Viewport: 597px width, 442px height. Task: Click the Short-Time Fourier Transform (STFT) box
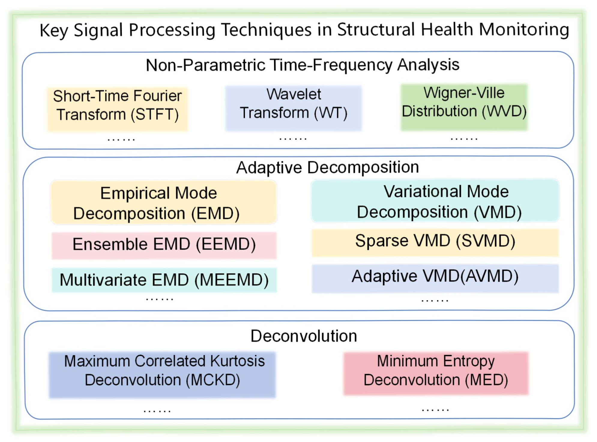[117, 109]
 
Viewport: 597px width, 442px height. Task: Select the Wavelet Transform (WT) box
[294, 108]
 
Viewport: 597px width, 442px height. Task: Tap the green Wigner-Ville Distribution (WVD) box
[464, 107]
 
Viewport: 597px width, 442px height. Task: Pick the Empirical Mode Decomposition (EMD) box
[164, 202]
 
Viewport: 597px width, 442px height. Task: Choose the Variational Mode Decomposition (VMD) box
[435, 200]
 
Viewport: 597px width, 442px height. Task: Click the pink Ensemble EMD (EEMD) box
[164, 245]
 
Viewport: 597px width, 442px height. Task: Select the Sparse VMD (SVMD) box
[435, 242]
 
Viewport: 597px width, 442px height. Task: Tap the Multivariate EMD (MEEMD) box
[164, 280]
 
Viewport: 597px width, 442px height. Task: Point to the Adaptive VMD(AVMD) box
[435, 278]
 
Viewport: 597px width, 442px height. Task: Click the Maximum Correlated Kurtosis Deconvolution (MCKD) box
[162, 374]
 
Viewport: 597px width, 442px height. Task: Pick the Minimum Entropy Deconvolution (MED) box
[436, 373]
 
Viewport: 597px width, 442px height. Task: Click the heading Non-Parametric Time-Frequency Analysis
[303, 65]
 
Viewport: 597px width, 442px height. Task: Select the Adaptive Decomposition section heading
[327, 167]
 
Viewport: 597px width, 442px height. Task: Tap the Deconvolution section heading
[304, 336]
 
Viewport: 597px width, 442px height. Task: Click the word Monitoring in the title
[524, 30]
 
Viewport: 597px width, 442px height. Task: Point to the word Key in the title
[54, 31]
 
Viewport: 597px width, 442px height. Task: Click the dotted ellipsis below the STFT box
[121, 140]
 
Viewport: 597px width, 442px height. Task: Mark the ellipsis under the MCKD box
[157, 411]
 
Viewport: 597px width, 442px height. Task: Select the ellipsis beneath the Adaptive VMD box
[435, 300]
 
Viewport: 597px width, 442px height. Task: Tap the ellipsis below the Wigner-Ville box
[464, 139]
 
